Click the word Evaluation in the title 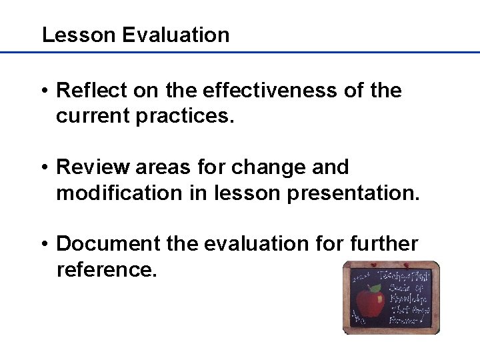[176, 35]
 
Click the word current [93, 117]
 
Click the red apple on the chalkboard [369, 303]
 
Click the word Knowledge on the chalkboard [405, 299]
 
